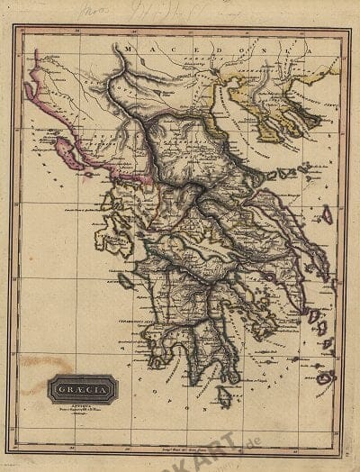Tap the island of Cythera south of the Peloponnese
coord(224,395)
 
